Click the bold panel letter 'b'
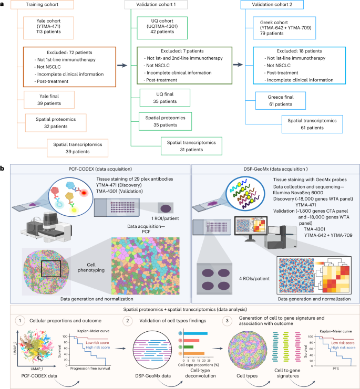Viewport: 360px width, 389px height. point(4,170)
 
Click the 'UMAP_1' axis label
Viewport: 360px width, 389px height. point(28,370)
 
